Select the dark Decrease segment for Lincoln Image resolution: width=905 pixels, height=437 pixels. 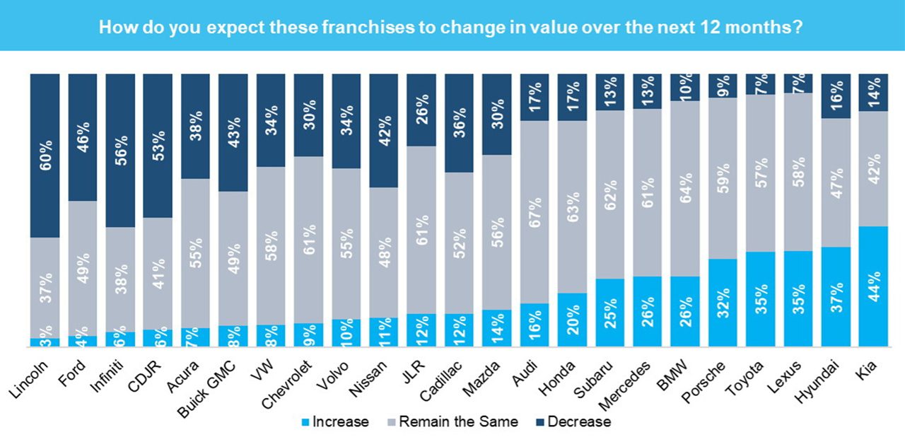click(x=45, y=156)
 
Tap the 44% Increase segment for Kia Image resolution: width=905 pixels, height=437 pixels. click(x=873, y=287)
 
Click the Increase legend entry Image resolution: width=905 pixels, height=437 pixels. click(x=335, y=422)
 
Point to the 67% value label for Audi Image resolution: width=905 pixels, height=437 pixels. click(x=535, y=211)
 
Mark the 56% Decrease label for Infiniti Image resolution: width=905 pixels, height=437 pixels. click(x=120, y=148)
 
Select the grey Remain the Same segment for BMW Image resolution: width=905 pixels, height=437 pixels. click(x=684, y=189)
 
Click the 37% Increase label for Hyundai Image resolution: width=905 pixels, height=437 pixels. click(x=836, y=297)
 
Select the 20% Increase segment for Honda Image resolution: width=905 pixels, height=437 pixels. click(x=572, y=320)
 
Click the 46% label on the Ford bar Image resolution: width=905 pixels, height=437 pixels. click(x=82, y=137)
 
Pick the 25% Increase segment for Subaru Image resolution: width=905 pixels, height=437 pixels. click(x=609, y=313)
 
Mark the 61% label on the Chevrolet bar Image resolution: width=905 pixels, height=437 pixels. click(x=308, y=240)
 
